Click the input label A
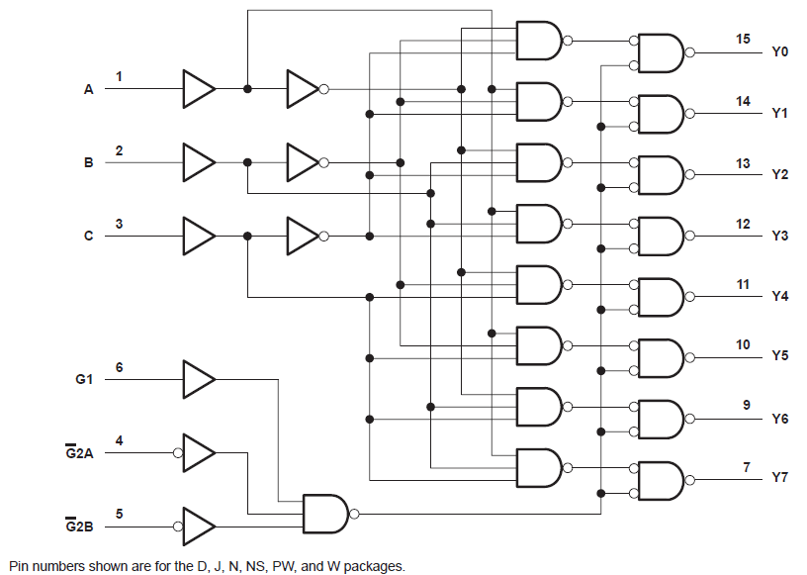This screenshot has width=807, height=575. [88, 89]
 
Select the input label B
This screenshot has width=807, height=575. [88, 163]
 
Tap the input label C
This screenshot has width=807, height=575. [88, 237]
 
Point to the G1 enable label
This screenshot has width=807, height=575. [84, 379]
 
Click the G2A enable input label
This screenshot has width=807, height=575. [79, 453]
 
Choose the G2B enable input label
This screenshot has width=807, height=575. [79, 527]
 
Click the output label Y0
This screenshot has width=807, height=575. [779, 51]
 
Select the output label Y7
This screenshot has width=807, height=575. [779, 478]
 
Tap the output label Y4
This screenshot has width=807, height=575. [779, 296]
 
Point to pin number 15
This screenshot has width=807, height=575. [743, 39]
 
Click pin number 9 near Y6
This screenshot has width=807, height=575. [746, 405]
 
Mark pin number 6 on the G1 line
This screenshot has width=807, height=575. [120, 367]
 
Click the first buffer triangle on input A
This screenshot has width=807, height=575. [198, 89]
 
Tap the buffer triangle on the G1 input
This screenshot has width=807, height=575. [198, 378]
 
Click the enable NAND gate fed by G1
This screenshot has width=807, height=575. [324, 514]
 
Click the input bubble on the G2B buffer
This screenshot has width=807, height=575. [178, 526]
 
